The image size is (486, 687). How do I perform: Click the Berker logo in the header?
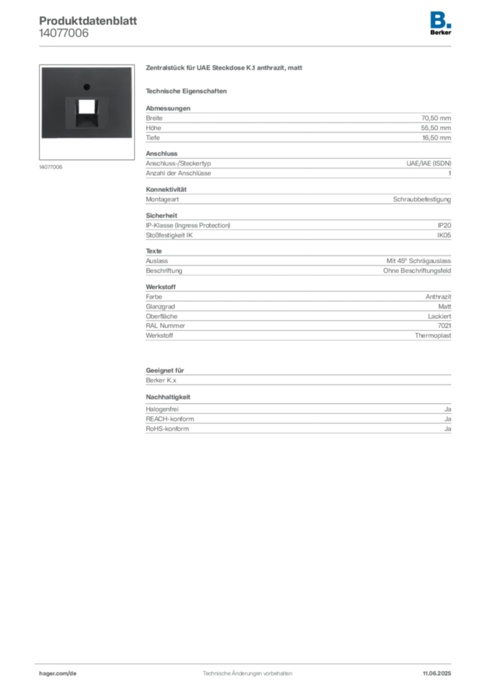click(x=440, y=23)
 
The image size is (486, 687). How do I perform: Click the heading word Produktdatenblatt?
click(x=88, y=21)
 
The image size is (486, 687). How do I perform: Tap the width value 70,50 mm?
click(x=436, y=118)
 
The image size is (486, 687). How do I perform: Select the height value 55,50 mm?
click(x=436, y=128)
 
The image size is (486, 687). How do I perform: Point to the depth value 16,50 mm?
click(x=436, y=138)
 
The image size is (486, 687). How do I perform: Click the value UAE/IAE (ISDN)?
click(x=428, y=164)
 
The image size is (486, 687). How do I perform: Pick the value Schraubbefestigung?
click(x=422, y=199)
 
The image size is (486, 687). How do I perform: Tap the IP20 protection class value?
click(x=444, y=225)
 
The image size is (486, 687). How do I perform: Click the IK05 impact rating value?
click(x=444, y=235)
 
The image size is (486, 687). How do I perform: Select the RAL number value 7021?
click(x=444, y=325)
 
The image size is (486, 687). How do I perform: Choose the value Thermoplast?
click(x=433, y=335)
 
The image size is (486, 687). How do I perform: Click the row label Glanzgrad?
click(x=160, y=307)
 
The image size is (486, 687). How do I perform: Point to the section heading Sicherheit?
click(x=162, y=215)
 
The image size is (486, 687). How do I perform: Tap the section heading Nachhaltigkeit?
click(x=168, y=397)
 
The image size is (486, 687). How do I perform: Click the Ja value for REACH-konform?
click(x=448, y=419)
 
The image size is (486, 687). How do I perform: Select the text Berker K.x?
click(x=161, y=380)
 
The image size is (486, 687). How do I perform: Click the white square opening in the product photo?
click(x=87, y=106)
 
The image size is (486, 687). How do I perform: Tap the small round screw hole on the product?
click(x=87, y=87)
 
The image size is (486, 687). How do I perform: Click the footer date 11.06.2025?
click(x=437, y=674)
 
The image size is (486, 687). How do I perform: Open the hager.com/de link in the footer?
click(x=58, y=674)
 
